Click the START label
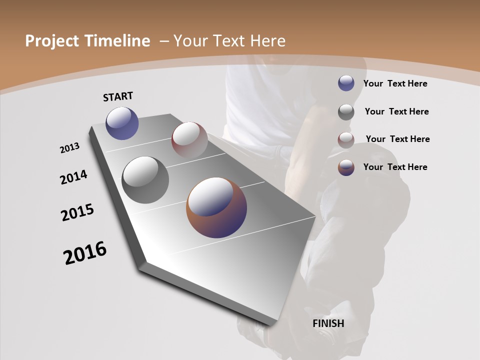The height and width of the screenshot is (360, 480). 118,96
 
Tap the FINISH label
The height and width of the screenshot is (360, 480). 328,323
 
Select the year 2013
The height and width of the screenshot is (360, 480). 69,148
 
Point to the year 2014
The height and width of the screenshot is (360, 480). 73,177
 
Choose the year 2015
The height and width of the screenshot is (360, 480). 77,212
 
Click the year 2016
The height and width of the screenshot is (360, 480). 85,253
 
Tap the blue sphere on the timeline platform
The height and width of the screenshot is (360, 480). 122,123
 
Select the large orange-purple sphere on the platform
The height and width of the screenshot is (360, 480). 216,207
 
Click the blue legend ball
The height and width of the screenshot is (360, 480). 346,83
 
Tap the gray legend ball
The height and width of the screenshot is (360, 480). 346,111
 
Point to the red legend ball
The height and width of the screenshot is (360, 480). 346,139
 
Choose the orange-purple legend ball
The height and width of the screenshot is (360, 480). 346,167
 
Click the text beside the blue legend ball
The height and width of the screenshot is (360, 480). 395,83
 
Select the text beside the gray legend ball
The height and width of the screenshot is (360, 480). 396,111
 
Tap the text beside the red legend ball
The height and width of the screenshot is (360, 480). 397,139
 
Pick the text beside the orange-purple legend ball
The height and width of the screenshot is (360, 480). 395,167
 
